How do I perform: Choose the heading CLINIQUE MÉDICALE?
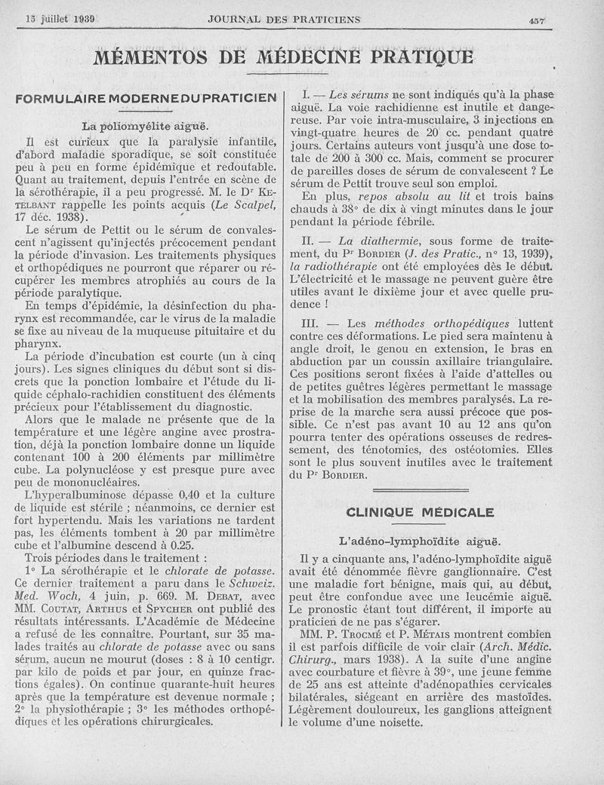click(420, 513)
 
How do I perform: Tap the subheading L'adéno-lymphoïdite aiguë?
click(420, 541)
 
